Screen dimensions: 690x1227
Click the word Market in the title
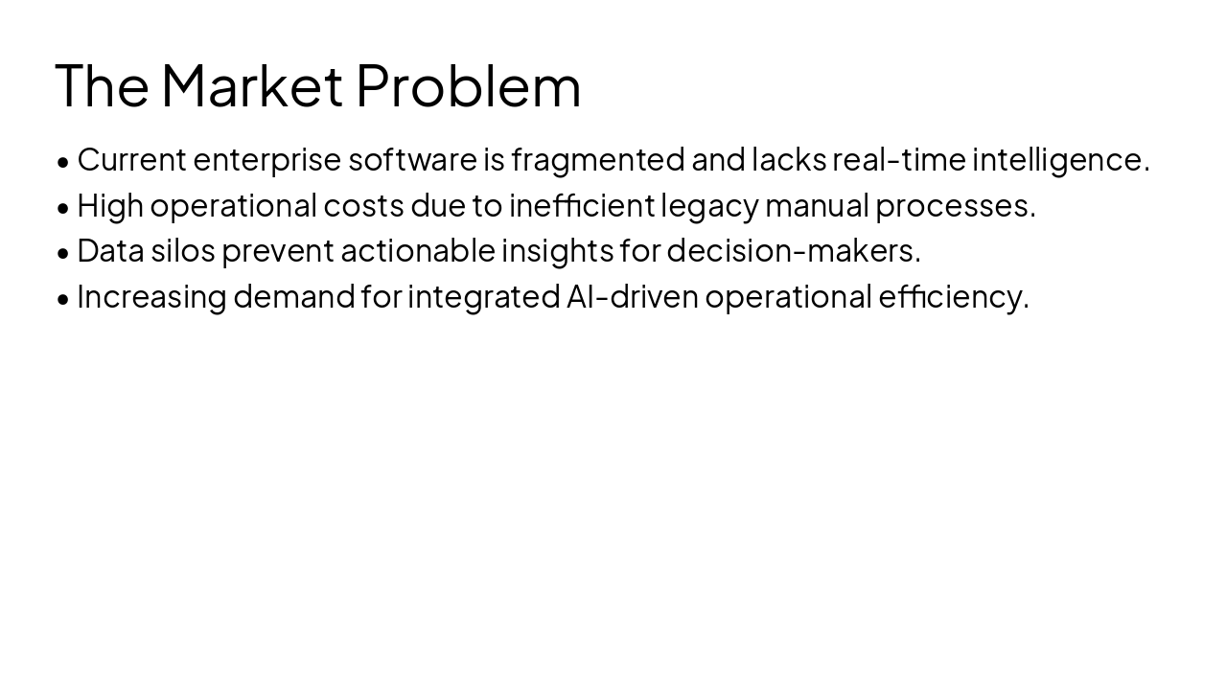[251, 85]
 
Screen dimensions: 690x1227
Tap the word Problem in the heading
[468, 85]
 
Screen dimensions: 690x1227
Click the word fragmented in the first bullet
[597, 159]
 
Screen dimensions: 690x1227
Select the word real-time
[898, 159]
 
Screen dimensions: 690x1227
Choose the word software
[412, 159]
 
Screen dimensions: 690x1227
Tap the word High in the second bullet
[110, 205]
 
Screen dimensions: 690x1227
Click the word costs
[363, 205]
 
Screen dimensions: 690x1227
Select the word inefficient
[581, 205]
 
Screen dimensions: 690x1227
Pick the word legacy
[709, 205]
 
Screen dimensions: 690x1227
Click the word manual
[817, 205]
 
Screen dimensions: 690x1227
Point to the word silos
[182, 250]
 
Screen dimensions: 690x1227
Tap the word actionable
[417, 250]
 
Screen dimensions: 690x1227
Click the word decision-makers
[793, 250]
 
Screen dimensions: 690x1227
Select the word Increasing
[151, 296]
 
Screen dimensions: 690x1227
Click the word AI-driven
[632, 296]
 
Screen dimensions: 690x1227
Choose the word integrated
[483, 296]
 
